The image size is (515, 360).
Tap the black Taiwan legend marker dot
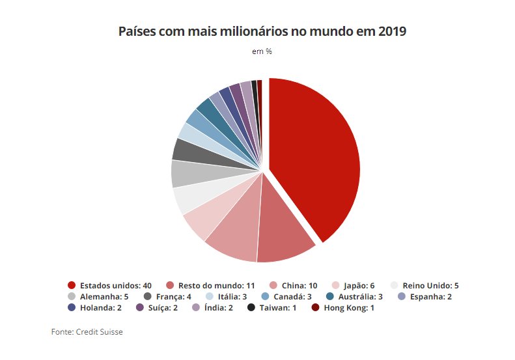[x=253, y=307]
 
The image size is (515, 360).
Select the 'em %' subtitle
[x=262, y=51]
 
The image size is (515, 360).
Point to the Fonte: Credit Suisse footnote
[x=87, y=332]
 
